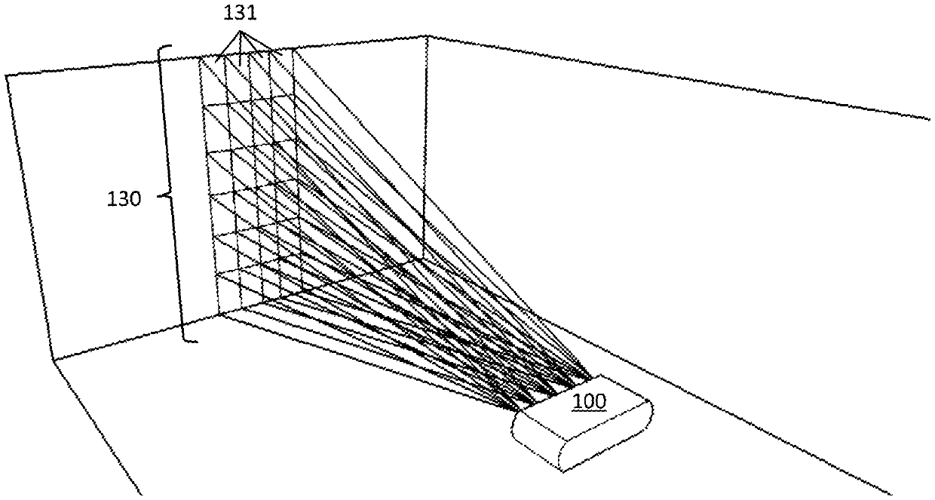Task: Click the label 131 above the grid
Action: (x=244, y=13)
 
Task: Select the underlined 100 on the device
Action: (x=589, y=401)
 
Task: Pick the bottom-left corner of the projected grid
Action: (x=219, y=311)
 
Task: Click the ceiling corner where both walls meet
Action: (x=428, y=35)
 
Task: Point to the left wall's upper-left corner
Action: (x=8, y=75)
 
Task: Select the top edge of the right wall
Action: (x=679, y=76)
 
